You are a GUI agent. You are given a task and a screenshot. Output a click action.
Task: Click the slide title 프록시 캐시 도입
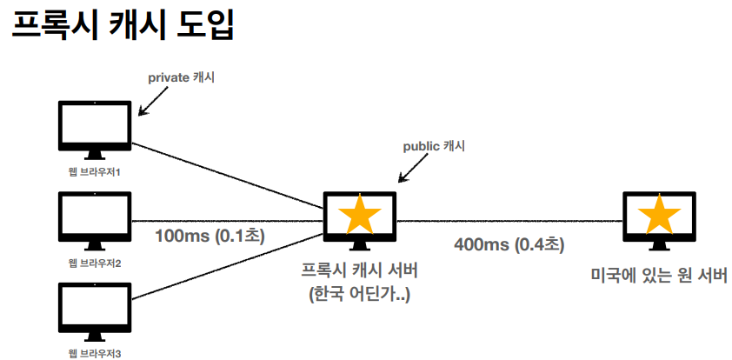click(122, 27)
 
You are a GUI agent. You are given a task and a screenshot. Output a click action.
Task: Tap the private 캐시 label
click(181, 77)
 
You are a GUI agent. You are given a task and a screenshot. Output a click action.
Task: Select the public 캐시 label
click(434, 145)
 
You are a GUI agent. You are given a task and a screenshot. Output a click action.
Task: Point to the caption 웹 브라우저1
click(94, 171)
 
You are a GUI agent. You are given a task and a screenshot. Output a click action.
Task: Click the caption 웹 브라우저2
click(94, 263)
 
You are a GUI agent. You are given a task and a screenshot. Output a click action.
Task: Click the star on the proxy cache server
click(358, 215)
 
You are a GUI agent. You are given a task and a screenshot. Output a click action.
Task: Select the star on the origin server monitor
click(660, 215)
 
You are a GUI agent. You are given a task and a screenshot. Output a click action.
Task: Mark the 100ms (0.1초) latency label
click(210, 235)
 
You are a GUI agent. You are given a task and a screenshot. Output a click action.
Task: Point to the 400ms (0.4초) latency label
click(509, 244)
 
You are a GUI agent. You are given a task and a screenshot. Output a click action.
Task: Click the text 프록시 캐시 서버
click(359, 270)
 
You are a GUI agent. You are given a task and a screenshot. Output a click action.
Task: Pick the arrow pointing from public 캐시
click(409, 170)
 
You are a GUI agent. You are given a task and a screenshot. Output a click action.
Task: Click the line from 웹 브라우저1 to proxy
click(226, 173)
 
